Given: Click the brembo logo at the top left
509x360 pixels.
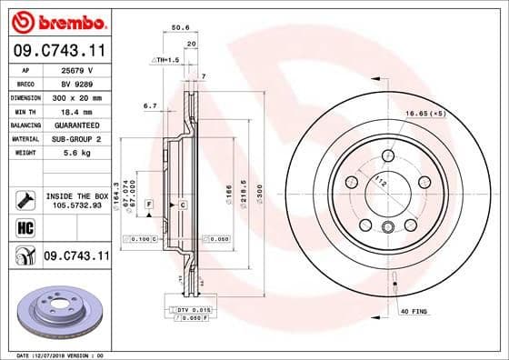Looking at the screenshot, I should coord(56,21).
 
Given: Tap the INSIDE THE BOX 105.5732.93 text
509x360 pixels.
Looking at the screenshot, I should coord(76,200).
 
